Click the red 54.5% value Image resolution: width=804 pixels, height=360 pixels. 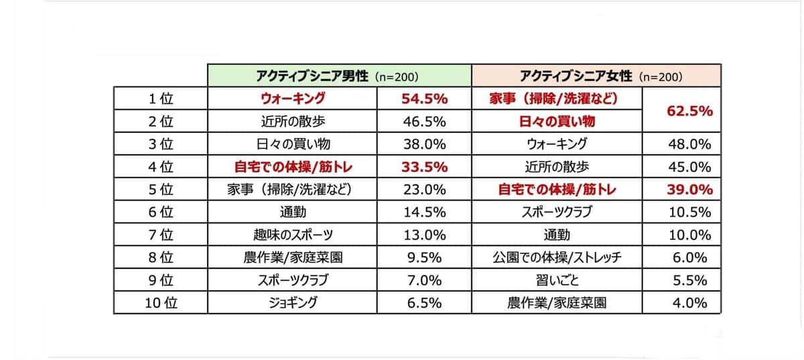coord(423,99)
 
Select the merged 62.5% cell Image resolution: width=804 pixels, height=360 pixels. coord(689,111)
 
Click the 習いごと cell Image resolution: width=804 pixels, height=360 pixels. coord(557,280)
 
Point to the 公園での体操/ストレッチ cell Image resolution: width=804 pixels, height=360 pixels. coord(557,257)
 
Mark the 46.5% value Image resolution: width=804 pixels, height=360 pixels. coord(423,121)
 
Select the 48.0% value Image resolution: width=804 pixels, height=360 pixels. coord(689,144)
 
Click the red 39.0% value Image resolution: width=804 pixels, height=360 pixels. coord(689,190)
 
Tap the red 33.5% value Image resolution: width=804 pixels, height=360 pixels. coord(423,167)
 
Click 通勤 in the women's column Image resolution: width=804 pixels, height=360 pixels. coord(557,235)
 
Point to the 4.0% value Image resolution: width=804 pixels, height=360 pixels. coord(689,302)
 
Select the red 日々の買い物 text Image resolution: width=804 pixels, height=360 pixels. coord(557,121)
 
